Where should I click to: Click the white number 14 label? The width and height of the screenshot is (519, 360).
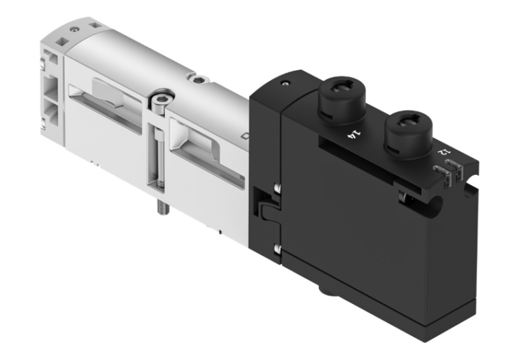click(x=351, y=134)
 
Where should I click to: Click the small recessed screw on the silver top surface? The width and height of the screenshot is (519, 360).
click(x=198, y=80)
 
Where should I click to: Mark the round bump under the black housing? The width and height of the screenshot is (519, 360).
click(x=325, y=290)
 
